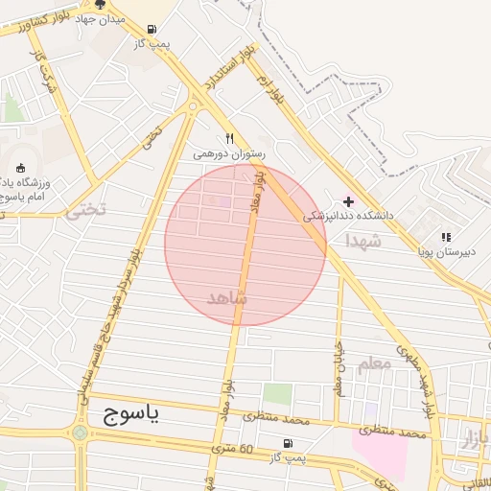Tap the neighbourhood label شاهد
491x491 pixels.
tap(227, 297)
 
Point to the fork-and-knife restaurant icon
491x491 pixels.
tap(229, 138)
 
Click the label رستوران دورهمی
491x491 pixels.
tap(228, 153)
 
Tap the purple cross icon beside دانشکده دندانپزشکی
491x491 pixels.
tap(347, 201)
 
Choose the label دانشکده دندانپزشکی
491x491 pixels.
tap(349, 217)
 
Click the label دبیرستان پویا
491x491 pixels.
tap(445, 252)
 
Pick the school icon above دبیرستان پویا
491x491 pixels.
tap(445, 236)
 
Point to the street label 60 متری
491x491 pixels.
tap(232, 449)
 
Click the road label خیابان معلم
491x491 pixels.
tap(338, 369)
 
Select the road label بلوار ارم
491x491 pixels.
tap(271, 89)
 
